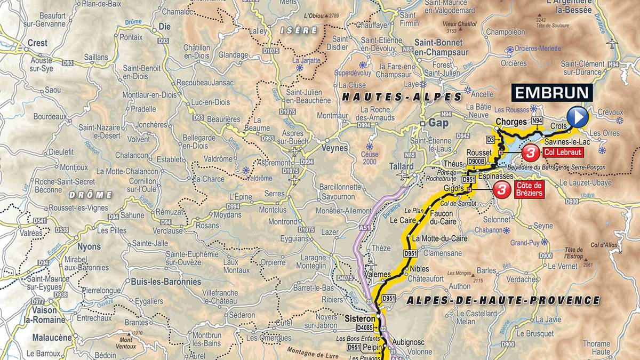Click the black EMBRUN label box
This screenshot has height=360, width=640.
click(x=553, y=92)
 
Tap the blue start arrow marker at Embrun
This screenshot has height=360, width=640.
click(x=577, y=116)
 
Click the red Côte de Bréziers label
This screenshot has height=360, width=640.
click(x=529, y=189)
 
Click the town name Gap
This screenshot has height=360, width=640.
click(x=438, y=123)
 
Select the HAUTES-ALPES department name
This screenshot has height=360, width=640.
click(x=402, y=97)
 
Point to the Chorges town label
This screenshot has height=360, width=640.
click(x=511, y=122)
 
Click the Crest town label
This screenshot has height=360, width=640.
click(x=37, y=43)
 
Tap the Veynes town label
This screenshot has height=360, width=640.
click(x=335, y=148)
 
